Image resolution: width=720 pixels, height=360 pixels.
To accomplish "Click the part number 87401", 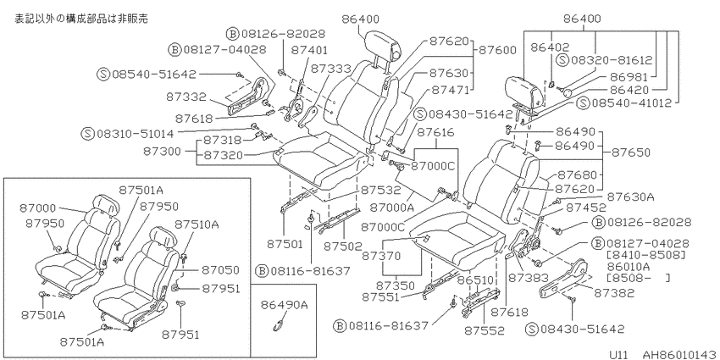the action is point(309,50).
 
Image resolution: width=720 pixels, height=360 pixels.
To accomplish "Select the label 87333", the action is point(330,69).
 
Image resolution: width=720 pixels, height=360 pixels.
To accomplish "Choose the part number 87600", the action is point(497,50).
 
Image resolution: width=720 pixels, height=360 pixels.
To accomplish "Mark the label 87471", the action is point(449,90).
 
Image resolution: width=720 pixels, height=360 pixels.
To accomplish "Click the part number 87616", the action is point(435,133).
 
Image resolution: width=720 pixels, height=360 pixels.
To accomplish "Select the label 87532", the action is point(380,189).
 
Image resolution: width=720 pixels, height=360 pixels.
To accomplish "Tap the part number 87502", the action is point(343,246).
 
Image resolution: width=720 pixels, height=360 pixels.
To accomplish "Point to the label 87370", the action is point(380,255).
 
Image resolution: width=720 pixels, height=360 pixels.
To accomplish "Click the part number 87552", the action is point(484,330).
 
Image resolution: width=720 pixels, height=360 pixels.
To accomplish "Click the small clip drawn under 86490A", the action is point(279,325).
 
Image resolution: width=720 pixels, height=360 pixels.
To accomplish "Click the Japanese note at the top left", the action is point(81,19).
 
